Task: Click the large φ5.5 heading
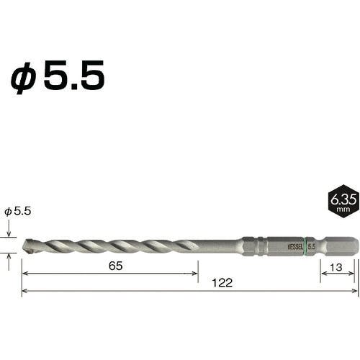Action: coord(58,76)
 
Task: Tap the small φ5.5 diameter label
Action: coord(18,212)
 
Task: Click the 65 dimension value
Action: coord(115,266)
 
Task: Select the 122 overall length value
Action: coord(222,283)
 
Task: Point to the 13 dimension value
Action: coord(336,267)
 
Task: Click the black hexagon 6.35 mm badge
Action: coord(343,201)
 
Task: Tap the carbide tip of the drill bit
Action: coord(29,246)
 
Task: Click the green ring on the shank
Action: coord(305,246)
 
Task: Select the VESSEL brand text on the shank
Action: coord(295,246)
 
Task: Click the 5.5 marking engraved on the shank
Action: coord(312,246)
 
